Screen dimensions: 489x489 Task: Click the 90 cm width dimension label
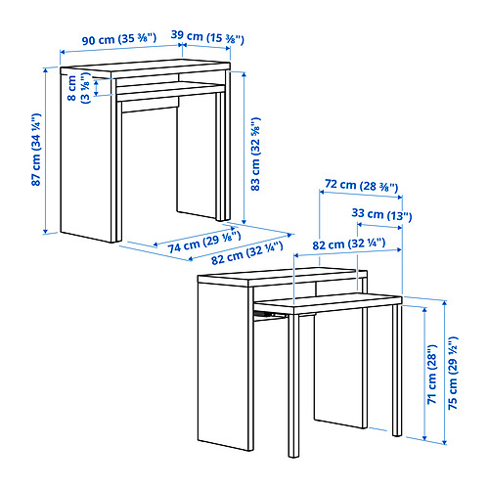click(119, 39)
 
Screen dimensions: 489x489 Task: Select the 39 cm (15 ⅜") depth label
click(207, 37)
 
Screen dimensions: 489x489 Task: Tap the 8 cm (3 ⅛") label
click(78, 88)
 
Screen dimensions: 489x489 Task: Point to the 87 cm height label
click(36, 150)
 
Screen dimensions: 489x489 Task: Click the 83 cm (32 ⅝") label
click(255, 154)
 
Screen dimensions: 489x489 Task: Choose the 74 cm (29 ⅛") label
click(204, 242)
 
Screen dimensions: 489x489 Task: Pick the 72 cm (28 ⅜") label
click(362, 185)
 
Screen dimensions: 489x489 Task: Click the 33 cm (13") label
click(381, 214)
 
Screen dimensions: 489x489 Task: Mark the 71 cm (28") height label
click(431, 374)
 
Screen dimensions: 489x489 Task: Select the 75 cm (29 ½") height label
click(453, 373)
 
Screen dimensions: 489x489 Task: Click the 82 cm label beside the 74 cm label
click(246, 253)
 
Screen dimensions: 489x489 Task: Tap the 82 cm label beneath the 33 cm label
click(349, 244)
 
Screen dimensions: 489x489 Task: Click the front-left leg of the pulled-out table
click(293, 385)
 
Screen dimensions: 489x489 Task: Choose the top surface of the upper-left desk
click(146, 67)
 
